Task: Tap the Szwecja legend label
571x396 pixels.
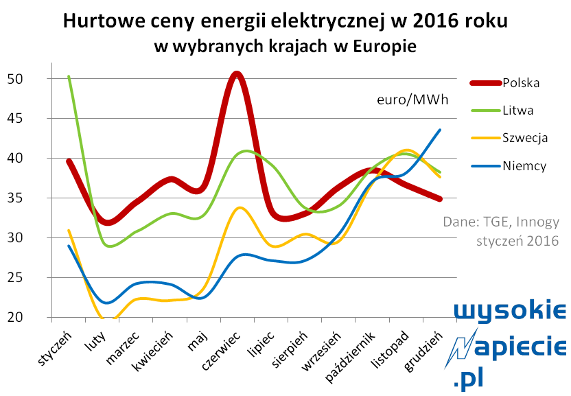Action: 525,138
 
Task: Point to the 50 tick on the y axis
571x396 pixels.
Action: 15,79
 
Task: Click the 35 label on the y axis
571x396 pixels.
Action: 15,198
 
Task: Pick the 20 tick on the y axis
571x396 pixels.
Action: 15,317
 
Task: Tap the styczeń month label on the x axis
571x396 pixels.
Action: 55,348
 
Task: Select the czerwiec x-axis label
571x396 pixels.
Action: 221,351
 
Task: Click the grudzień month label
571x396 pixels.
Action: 423,351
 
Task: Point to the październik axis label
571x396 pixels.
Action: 349,357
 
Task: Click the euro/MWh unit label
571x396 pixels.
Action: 412,100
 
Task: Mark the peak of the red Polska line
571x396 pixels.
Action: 237,75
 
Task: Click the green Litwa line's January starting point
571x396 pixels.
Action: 69,76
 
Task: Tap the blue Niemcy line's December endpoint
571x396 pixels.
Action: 440,130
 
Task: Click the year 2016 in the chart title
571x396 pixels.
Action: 435,21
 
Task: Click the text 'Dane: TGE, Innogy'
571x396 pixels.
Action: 501,222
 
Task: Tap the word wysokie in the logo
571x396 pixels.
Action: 510,310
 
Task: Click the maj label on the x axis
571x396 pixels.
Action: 197,341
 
